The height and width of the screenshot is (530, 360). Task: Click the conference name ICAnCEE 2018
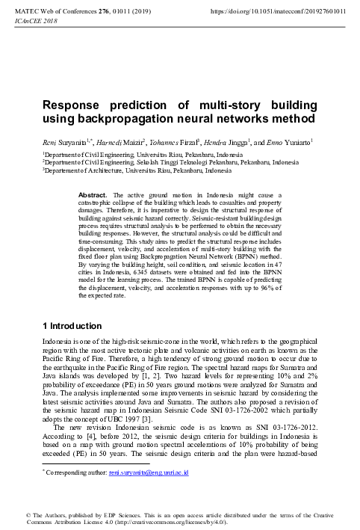pos(24,22)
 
